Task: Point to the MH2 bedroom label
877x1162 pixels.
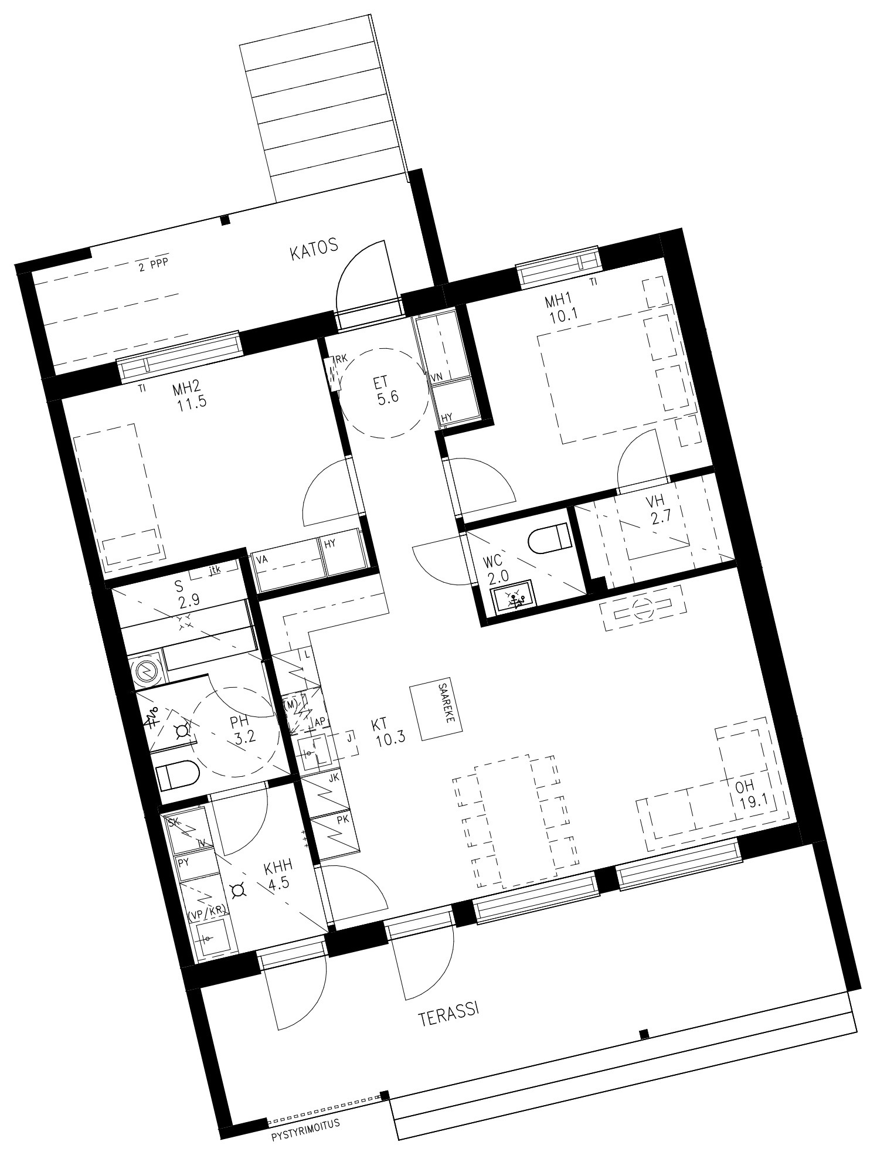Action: [x=188, y=389]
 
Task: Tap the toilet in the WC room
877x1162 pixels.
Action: [x=549, y=538]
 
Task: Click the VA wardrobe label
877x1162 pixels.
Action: [x=262, y=559]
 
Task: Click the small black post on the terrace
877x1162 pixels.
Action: [x=644, y=1033]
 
